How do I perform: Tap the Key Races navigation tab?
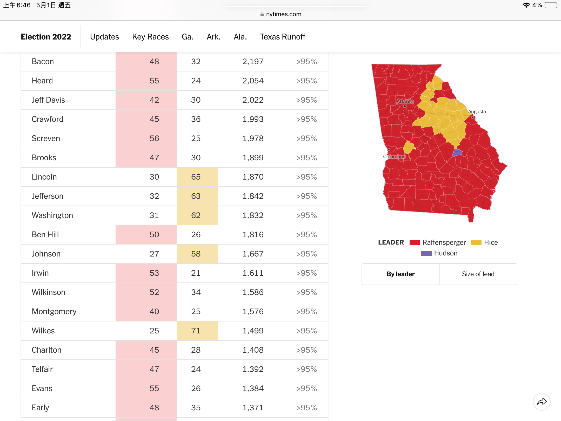click(x=150, y=37)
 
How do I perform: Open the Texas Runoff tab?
click(x=283, y=37)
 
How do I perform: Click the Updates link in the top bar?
click(x=104, y=37)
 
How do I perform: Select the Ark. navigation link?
click(x=213, y=37)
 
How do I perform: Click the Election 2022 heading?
click(x=46, y=37)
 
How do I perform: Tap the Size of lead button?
click(x=478, y=274)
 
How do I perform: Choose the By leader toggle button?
click(x=400, y=274)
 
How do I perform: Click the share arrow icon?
click(x=542, y=402)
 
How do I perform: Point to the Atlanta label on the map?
click(x=405, y=101)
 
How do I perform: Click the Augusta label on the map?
click(x=477, y=111)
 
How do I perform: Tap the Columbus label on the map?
click(x=394, y=156)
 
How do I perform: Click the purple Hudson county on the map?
click(x=457, y=153)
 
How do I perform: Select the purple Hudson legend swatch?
click(x=426, y=253)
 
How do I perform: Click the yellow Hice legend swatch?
click(x=476, y=242)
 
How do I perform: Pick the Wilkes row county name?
click(x=43, y=331)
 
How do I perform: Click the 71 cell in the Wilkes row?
click(x=196, y=331)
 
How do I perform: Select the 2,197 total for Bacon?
click(x=253, y=61)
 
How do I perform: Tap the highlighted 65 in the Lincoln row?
click(x=196, y=177)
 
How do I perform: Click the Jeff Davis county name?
click(x=48, y=100)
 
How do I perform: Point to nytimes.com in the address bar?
click(x=284, y=14)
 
